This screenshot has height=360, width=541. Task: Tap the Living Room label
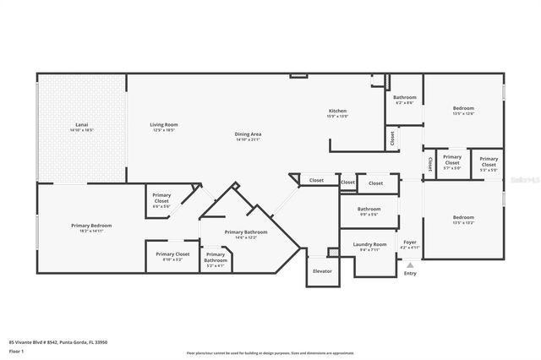click(164, 125)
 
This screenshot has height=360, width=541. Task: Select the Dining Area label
click(248, 134)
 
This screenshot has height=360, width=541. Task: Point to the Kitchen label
click(338, 112)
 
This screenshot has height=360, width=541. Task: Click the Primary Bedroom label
click(90, 226)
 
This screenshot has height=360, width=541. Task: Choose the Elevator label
click(322, 271)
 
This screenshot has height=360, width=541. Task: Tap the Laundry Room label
click(369, 245)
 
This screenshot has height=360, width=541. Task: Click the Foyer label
click(410, 243)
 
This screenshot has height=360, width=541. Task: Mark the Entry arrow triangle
click(410, 265)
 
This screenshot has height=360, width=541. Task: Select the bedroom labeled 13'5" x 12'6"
click(463, 108)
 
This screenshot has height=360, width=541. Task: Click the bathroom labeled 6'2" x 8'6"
click(404, 98)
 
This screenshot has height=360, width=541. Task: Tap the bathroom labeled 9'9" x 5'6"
click(369, 210)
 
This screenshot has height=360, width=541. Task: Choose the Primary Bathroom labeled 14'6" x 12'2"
click(246, 232)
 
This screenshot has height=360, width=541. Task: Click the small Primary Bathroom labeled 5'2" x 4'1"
click(216, 259)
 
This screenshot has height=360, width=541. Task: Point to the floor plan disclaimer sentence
click(270, 353)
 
